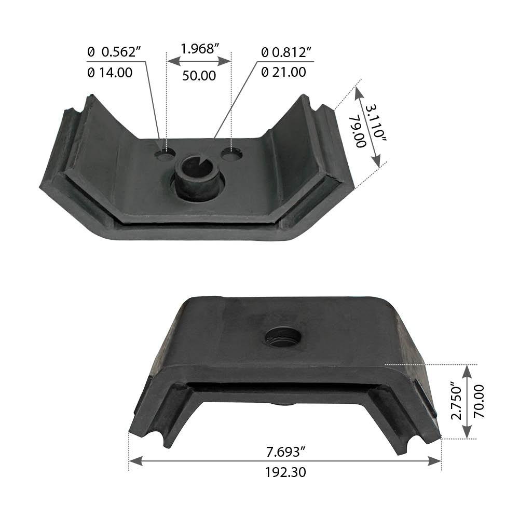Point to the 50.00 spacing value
199,76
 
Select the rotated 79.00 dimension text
358,132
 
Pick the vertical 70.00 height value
479,401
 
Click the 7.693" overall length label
283,452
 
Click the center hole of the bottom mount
283,338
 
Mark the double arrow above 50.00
199,61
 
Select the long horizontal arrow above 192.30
285,461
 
